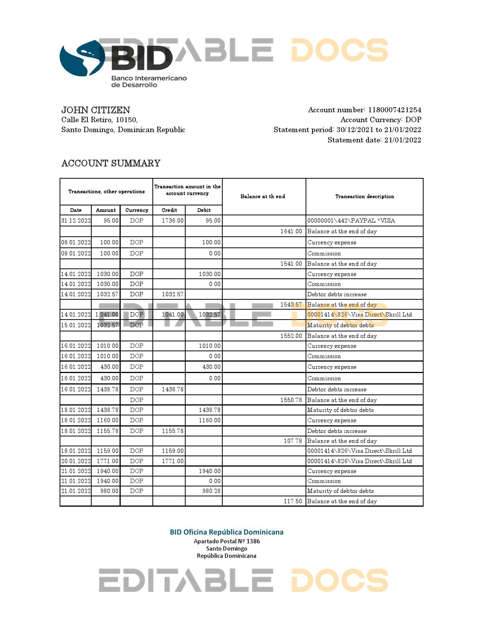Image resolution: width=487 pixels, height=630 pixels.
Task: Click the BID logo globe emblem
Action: point(82,58)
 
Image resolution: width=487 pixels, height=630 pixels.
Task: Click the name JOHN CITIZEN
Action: point(95,110)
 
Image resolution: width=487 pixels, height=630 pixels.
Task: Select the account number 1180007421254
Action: point(395,110)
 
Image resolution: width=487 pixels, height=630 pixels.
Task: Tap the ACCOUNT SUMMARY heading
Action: point(111,163)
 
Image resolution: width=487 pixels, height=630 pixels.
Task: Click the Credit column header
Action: point(169,210)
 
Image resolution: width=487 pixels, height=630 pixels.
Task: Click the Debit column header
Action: point(204,210)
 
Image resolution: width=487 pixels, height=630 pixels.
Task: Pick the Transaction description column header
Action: point(364,196)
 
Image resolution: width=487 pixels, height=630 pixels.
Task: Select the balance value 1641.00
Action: point(291,231)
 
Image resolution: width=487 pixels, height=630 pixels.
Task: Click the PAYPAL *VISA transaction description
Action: point(351,221)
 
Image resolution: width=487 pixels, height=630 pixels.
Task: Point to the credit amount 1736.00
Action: point(173,221)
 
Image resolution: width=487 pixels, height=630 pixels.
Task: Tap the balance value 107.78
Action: point(293,441)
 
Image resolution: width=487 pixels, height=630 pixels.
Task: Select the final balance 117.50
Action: point(293,501)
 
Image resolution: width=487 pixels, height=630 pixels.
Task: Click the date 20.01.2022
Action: point(76,461)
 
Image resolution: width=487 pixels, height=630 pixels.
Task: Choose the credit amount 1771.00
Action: point(173,461)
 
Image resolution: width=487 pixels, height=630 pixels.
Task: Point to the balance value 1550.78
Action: point(291,400)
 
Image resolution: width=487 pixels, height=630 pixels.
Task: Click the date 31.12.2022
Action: point(76,221)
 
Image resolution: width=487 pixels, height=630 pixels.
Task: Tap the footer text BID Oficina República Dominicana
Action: point(227,532)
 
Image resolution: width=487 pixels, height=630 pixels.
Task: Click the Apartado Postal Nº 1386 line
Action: point(227,541)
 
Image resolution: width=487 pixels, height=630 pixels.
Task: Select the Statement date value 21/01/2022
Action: point(403,140)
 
